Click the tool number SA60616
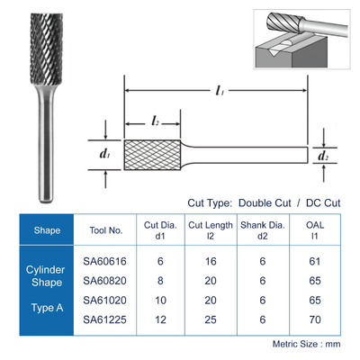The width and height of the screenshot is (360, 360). [104, 261]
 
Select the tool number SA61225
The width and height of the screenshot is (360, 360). [104, 319]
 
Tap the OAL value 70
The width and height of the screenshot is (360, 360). [315, 319]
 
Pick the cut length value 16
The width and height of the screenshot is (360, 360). [211, 261]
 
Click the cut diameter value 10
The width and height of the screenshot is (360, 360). [160, 300]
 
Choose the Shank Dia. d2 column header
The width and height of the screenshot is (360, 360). [263, 230]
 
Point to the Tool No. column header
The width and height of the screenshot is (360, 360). [106, 230]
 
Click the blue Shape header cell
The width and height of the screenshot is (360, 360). [47, 229]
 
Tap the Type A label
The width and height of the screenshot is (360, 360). [47, 308]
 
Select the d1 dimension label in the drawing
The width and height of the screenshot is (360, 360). [104, 155]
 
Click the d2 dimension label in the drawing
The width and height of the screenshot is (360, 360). [322, 156]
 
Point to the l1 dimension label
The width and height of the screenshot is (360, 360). [220, 90]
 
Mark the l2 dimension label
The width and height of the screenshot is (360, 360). [155, 121]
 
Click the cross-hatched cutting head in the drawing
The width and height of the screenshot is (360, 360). [152, 155]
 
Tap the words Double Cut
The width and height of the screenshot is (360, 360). [265, 203]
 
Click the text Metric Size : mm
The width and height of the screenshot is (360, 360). [306, 344]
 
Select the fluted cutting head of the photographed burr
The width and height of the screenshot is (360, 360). [46, 49]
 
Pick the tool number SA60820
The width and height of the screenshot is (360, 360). [104, 281]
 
